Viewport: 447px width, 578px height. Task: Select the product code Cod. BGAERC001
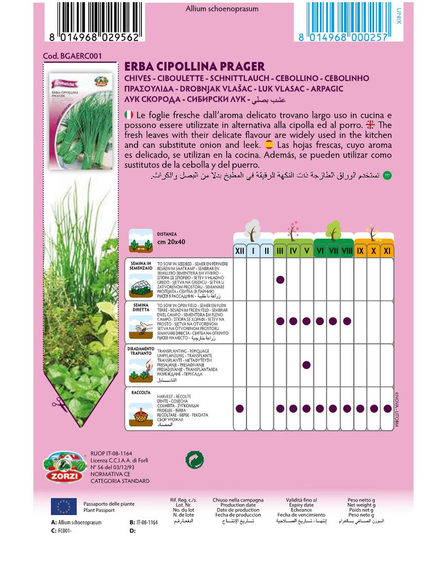72,56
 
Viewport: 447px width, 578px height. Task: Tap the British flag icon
370,125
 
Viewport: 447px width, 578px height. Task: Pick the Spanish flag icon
269,145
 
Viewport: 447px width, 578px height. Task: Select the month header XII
240,251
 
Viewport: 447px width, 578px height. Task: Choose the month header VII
333,251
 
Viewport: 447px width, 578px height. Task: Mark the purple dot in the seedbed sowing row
280,280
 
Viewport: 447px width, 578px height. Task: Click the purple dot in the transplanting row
307,365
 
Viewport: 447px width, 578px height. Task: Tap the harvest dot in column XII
240,409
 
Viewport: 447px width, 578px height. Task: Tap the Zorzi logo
64,466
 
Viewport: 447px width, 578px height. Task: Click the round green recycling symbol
194,459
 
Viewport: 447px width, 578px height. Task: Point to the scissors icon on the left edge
57,404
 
